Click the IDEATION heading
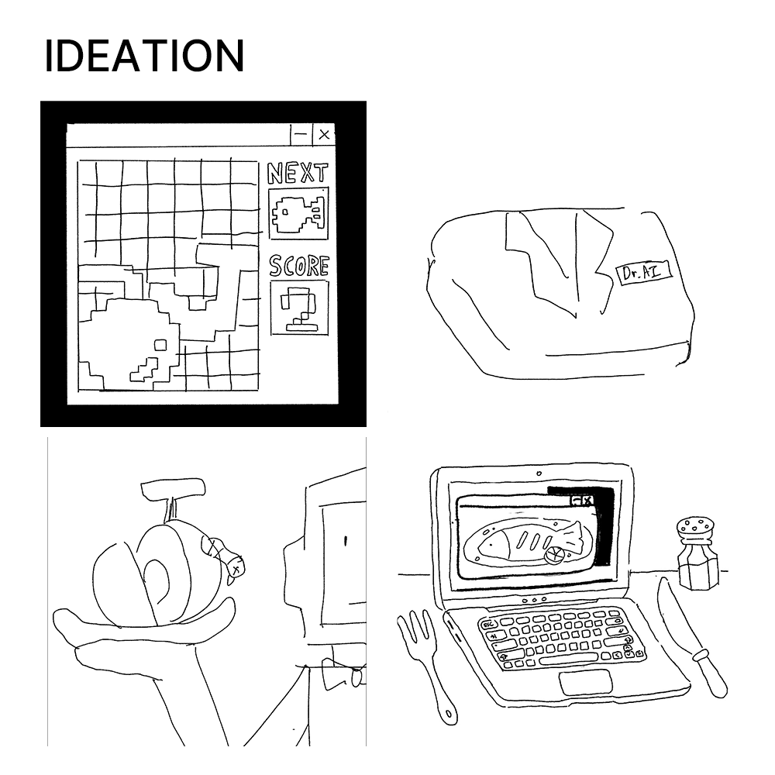[144, 55]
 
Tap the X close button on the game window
[324, 134]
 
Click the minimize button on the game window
[301, 134]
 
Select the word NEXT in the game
[298, 173]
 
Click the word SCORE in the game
[299, 266]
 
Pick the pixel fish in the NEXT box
[299, 214]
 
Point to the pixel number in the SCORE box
[299, 308]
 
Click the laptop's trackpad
[586, 683]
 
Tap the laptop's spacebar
[568, 660]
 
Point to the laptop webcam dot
[539, 474]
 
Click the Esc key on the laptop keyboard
[488, 625]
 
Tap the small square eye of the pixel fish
[160, 345]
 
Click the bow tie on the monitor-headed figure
[345, 673]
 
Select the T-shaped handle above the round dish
[173, 495]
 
